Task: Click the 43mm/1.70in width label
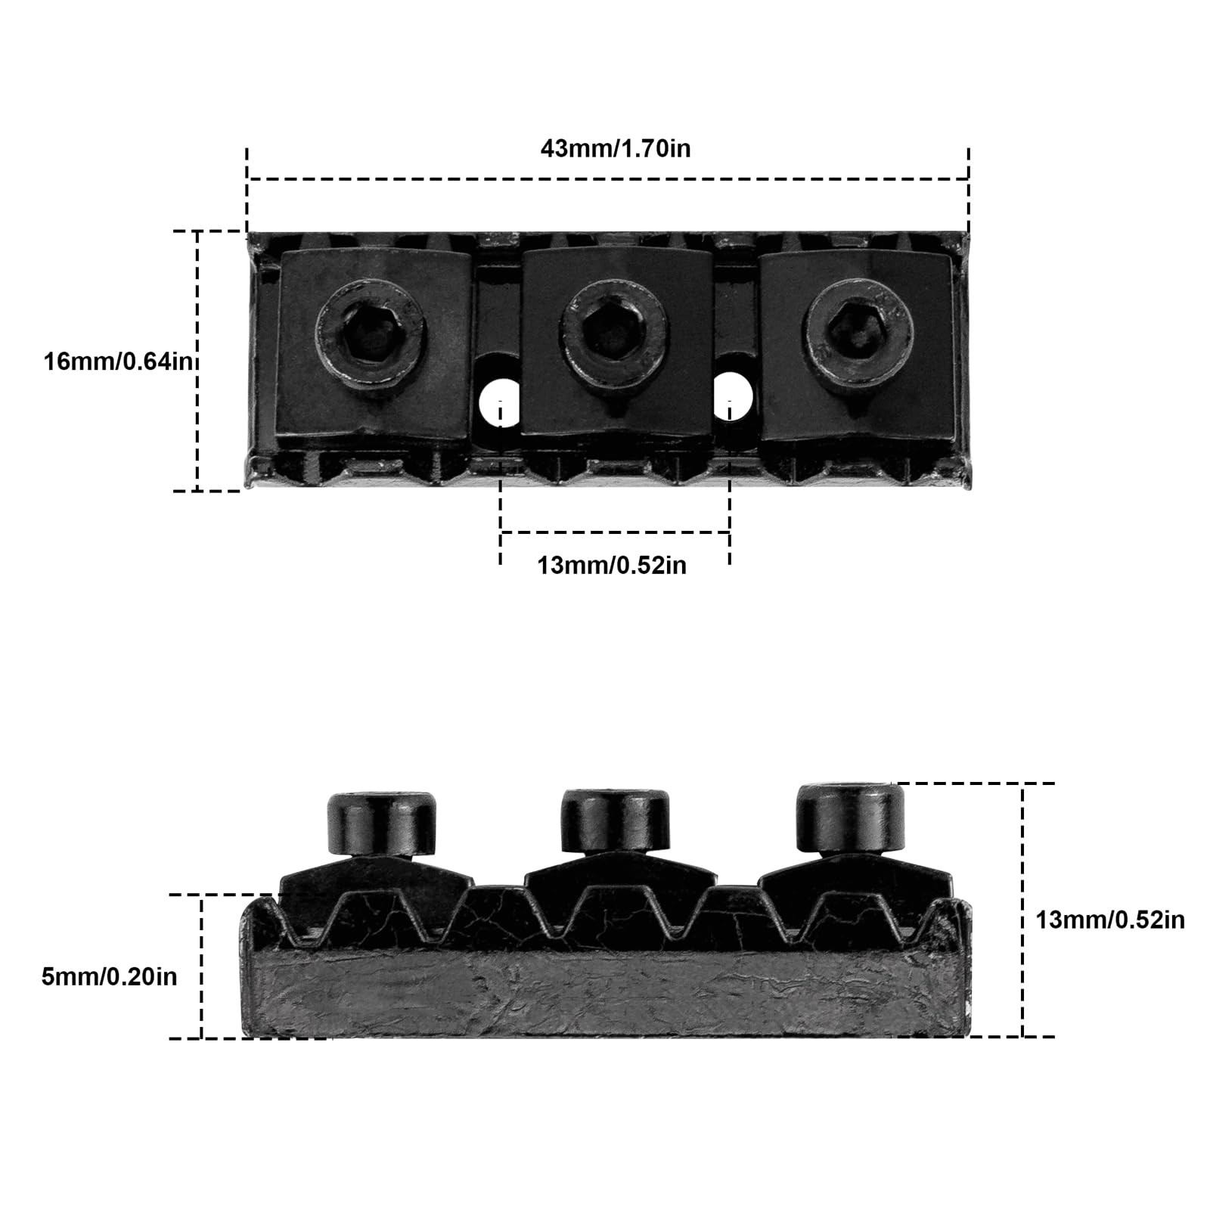tap(615, 148)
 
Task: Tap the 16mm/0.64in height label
tap(119, 361)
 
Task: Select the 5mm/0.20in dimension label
tap(109, 976)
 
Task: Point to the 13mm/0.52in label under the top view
tap(612, 565)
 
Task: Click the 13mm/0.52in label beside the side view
tap(1109, 920)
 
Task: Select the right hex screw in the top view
tap(858, 330)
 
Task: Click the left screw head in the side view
tap(383, 824)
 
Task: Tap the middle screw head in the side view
tap(616, 822)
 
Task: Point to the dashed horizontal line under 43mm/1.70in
tap(609, 179)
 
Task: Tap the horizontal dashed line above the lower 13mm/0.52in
tap(615, 533)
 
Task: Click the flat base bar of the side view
tap(605, 995)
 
